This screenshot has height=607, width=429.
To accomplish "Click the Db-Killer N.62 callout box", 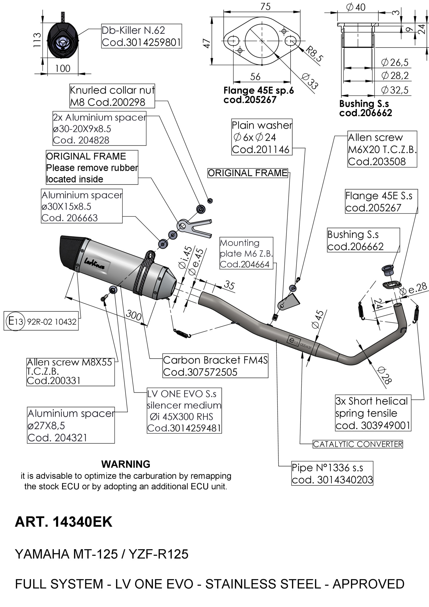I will tap(141, 36).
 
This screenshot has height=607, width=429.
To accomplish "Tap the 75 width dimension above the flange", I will tap(265, 6).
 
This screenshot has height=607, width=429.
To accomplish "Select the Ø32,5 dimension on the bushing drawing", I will tap(395, 90).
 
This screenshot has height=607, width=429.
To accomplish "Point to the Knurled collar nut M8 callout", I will tap(112, 96).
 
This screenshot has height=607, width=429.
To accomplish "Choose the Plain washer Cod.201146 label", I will tap(262, 137).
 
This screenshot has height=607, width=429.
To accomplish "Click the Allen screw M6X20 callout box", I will tap(382, 149).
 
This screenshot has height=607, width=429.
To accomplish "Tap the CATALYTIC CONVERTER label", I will tap(357, 444).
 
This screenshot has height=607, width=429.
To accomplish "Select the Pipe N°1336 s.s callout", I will tap(332, 473).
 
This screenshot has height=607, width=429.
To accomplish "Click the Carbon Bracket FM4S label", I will tap(215, 366).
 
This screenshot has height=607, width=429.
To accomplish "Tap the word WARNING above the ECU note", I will tap(126, 464).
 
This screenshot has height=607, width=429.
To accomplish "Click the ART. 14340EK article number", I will tap(63, 522).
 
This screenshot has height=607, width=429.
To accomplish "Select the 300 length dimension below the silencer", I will tap(134, 315).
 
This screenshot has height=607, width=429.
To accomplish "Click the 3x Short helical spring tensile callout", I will tap(373, 413).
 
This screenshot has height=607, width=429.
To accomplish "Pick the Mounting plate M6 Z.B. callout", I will tap(246, 253).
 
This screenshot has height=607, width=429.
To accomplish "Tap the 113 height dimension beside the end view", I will tap(37, 40).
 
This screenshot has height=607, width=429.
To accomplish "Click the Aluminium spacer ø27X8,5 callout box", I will tap(71, 425).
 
